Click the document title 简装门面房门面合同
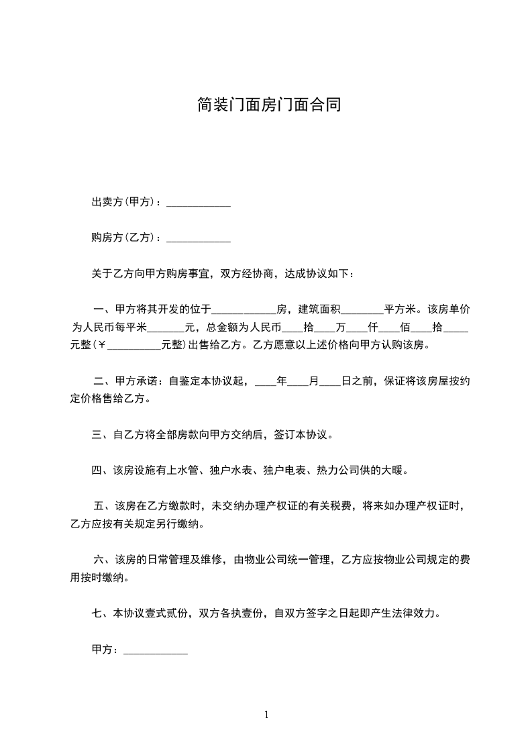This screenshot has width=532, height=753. (x=266, y=105)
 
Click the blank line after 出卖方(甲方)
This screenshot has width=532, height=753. (x=198, y=203)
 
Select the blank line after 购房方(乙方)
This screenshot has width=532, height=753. (x=198, y=238)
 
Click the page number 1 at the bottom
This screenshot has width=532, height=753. (x=266, y=715)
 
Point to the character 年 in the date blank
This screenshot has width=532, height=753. (x=282, y=381)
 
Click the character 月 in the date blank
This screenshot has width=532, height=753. (x=313, y=381)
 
